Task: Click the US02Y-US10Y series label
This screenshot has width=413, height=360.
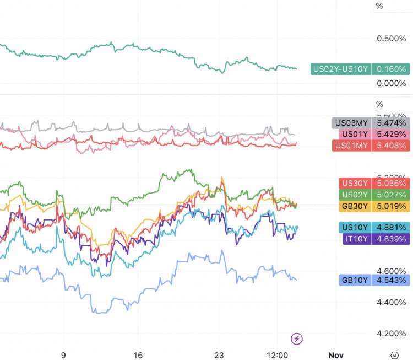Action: coord(341,69)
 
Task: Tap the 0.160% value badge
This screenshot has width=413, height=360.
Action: coord(390,69)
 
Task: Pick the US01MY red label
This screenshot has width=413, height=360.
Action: coord(352,146)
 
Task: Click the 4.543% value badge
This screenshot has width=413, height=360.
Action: coord(390,281)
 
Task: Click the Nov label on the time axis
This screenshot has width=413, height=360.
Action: coord(335,354)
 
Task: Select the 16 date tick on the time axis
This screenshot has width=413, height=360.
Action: coord(138,354)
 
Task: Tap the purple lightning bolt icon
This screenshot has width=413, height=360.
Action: coord(296,338)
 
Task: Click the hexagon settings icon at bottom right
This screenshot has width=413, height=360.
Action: coord(394,354)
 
